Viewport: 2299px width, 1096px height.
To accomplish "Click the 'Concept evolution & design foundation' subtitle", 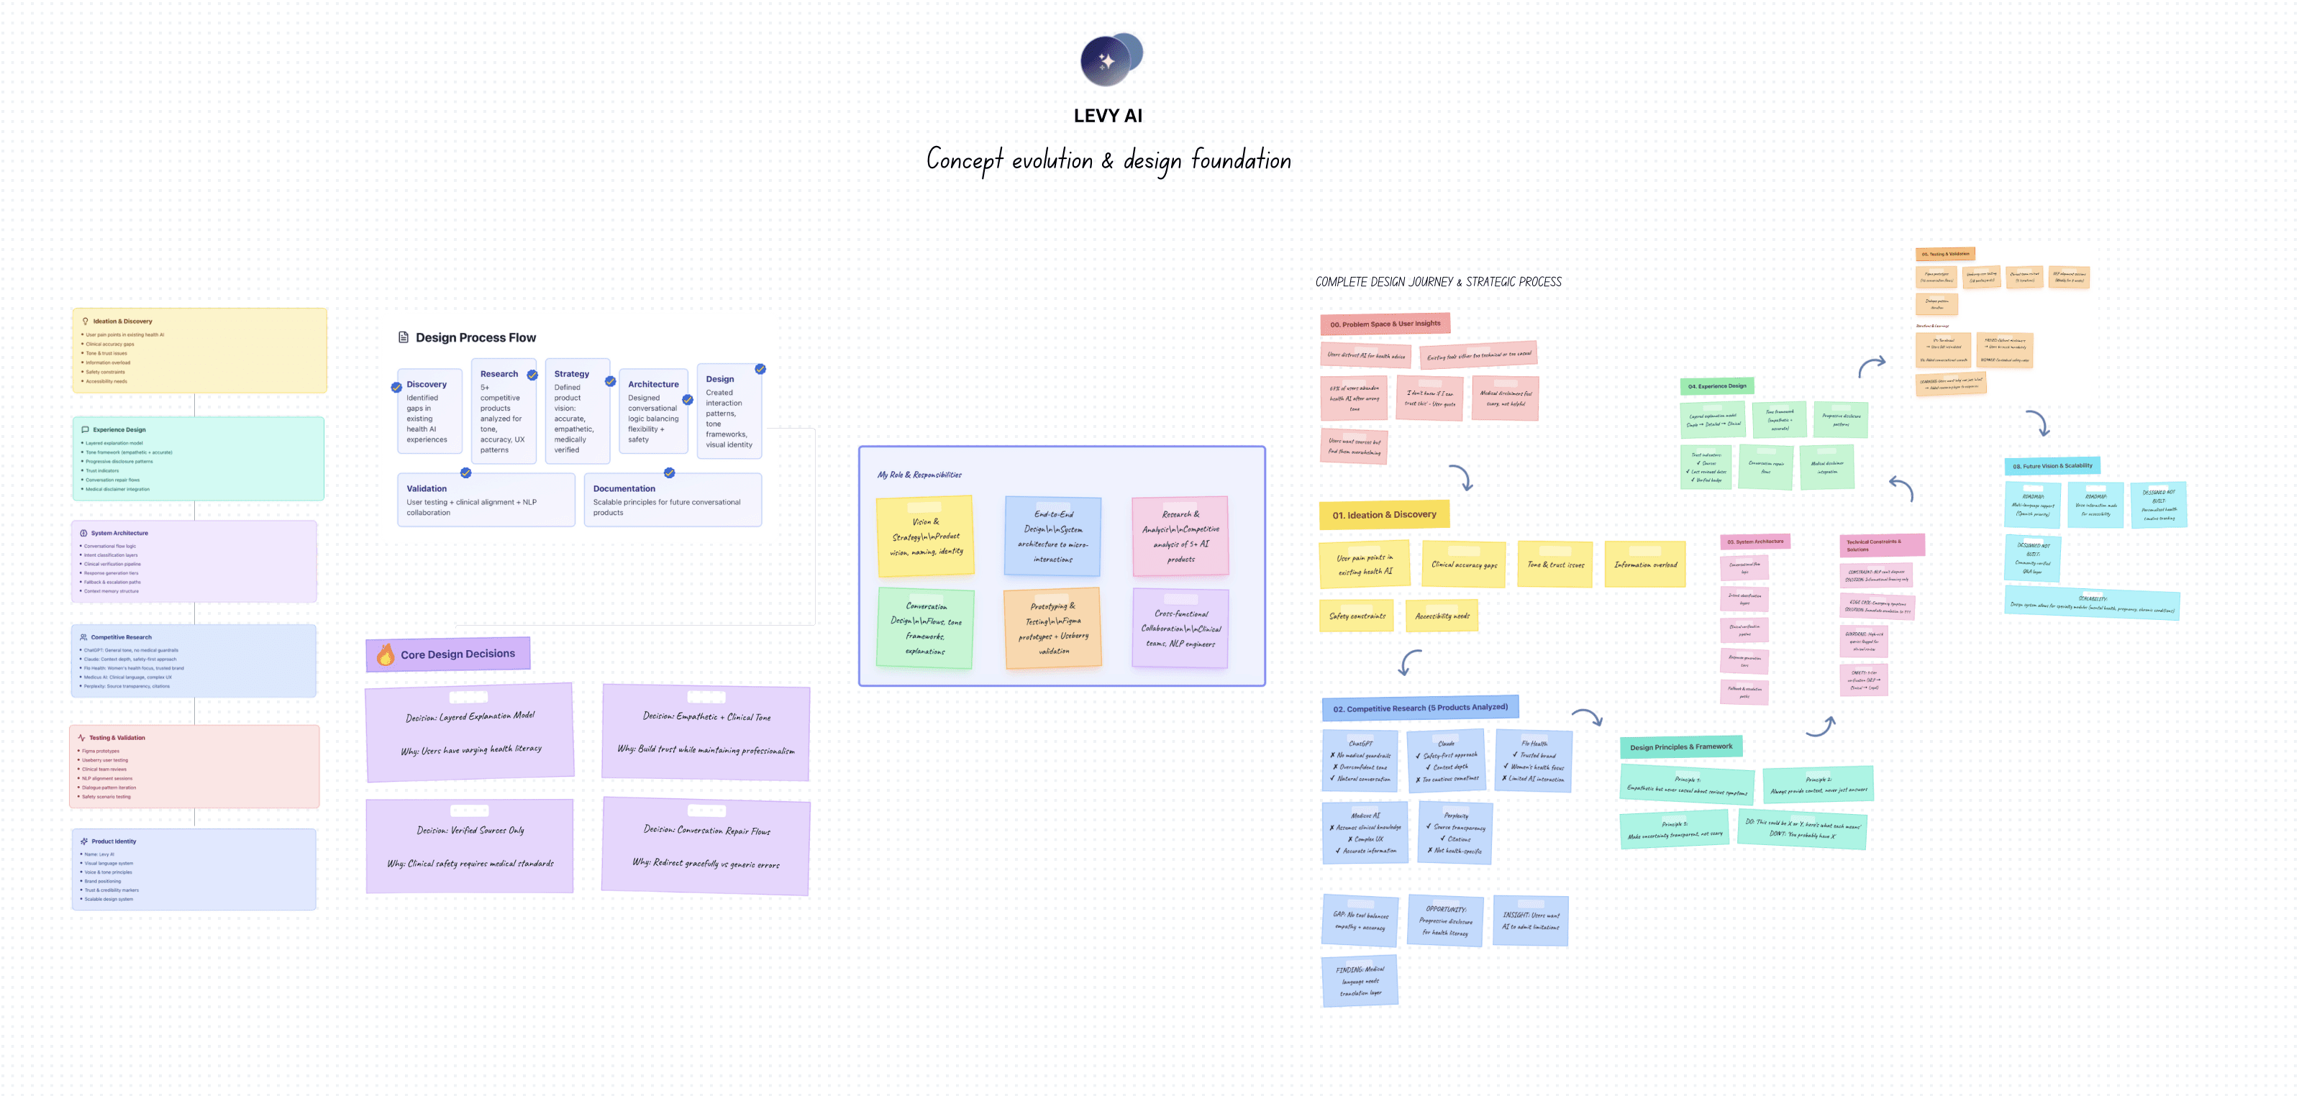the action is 1108,160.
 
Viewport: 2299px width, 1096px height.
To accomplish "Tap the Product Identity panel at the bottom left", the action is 194,869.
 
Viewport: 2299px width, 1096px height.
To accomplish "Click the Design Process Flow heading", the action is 475,337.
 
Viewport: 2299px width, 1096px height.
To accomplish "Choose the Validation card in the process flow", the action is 486,500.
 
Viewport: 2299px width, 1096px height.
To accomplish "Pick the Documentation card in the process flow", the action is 672,500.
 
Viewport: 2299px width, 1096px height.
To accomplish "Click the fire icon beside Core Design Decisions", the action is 386,655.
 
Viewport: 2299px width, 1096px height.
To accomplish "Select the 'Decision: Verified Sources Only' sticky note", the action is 470,846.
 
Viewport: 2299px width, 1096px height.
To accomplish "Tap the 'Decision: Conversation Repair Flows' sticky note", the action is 706,846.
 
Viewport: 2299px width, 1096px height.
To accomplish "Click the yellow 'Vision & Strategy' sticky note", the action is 926,536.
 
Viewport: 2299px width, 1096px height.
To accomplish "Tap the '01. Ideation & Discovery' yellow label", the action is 1383,515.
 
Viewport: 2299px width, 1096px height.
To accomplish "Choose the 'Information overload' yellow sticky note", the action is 1645,564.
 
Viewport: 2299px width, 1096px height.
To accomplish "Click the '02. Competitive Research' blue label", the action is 1420,708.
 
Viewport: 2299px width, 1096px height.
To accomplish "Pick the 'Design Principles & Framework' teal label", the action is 1680,747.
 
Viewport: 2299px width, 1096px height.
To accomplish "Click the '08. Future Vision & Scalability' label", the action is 2052,466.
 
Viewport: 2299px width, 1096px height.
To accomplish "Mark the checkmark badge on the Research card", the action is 532,375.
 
